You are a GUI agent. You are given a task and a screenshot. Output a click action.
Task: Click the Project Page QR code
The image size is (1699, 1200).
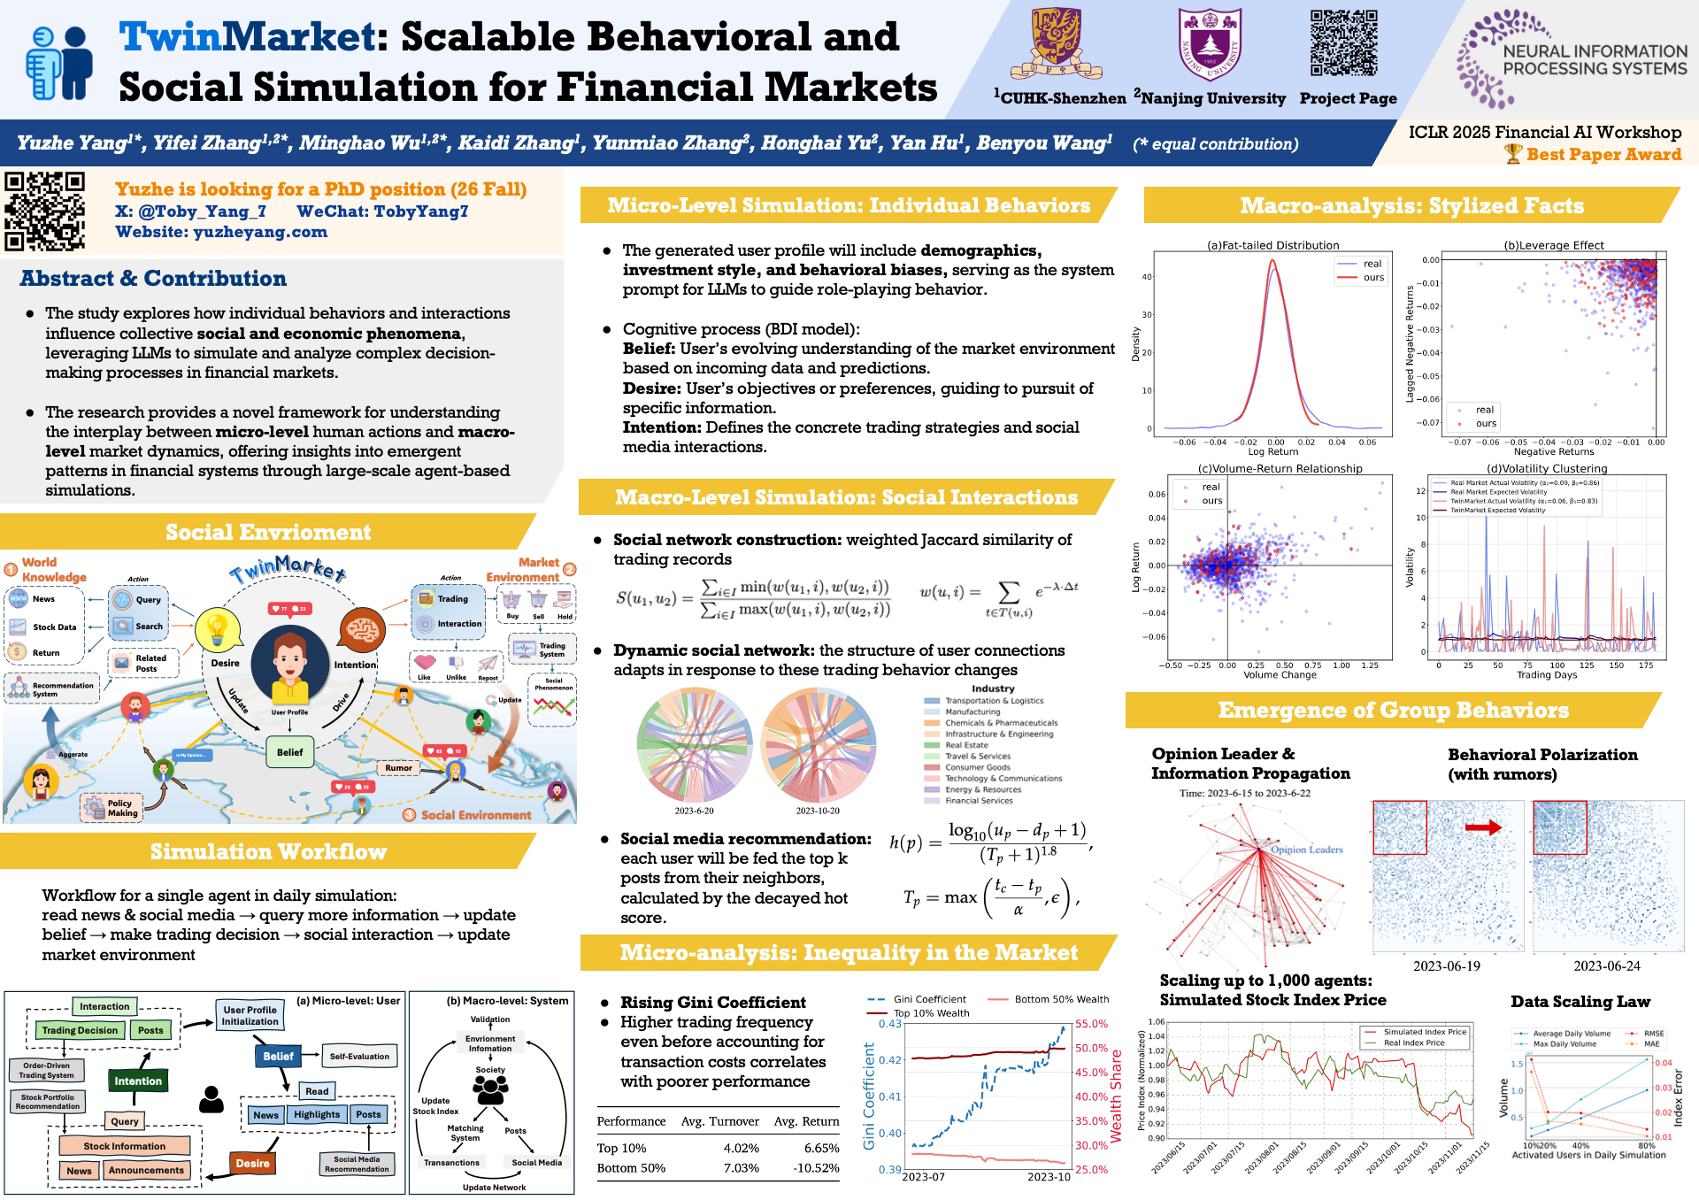[1344, 43]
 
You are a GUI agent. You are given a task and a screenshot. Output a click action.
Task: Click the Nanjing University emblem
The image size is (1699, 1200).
[1210, 43]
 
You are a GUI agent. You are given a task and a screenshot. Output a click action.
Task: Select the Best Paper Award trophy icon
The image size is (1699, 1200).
[1513, 154]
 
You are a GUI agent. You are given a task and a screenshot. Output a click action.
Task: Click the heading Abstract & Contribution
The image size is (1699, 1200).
[153, 279]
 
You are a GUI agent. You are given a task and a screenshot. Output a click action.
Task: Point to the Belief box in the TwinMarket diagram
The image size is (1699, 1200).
[289, 752]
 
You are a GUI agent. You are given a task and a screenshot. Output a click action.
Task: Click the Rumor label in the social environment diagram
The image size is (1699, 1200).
[398, 767]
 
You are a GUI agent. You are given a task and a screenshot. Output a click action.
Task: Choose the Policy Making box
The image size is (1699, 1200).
[122, 808]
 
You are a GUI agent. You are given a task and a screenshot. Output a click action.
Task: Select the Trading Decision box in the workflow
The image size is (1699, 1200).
[80, 1030]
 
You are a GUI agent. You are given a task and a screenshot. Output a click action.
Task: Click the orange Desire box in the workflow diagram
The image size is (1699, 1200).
[252, 1164]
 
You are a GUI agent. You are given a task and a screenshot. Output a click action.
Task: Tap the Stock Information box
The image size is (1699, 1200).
[124, 1146]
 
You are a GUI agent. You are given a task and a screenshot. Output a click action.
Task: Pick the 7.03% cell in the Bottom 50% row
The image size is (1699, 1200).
[741, 1168]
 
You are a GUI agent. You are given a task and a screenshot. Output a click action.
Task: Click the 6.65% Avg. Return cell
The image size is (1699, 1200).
[821, 1149]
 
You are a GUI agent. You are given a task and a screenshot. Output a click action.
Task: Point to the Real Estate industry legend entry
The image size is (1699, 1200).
[966, 745]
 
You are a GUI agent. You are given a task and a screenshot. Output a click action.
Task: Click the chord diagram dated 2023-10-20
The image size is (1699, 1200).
[818, 745]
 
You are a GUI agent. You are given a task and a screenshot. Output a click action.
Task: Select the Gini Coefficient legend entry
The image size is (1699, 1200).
[929, 999]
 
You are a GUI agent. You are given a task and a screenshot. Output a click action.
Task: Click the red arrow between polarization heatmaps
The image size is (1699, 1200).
[1483, 827]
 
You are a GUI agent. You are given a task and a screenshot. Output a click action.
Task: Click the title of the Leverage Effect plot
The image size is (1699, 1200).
[1553, 245]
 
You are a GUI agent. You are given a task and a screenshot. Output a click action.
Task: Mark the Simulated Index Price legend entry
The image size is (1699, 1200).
[1425, 1032]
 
